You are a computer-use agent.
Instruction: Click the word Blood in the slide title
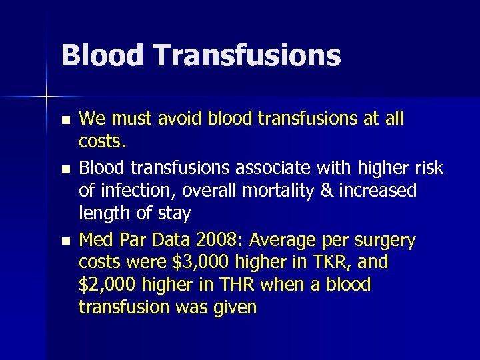(101, 55)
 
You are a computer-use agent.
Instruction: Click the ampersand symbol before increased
(321, 191)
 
